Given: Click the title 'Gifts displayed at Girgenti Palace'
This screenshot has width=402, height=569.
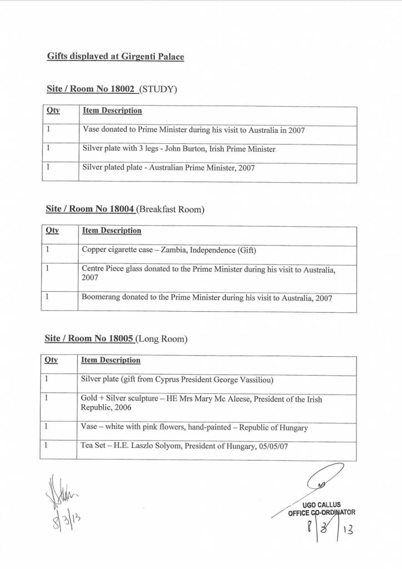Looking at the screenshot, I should click(x=115, y=56).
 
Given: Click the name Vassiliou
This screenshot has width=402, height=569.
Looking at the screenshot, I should click(x=251, y=380).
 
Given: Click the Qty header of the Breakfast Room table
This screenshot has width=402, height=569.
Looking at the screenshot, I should click(x=52, y=231).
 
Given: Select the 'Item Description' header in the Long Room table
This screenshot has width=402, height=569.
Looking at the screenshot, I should click(x=111, y=360).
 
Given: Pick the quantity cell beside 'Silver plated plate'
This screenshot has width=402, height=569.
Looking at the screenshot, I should click(x=60, y=168).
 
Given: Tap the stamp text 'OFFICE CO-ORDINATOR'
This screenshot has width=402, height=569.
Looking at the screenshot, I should click(x=322, y=512).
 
